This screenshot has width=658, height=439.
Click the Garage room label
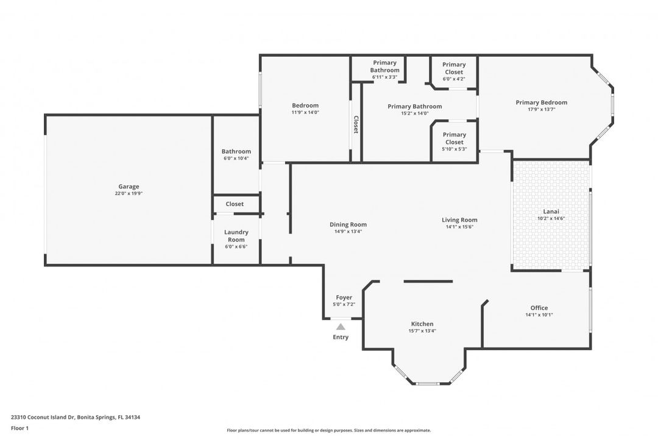coord(129,187)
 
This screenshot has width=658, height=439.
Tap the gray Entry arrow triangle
coord(341,327)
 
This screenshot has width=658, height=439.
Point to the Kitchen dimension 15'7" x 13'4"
coord(422,331)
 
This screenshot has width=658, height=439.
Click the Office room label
coord(539,308)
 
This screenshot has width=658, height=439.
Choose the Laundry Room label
coord(236,236)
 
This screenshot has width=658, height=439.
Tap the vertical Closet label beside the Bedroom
coord(356,124)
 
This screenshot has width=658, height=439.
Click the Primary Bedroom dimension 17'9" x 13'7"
coord(541,110)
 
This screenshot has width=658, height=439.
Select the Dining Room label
coord(348,224)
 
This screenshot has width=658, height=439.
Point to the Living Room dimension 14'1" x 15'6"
coord(459,227)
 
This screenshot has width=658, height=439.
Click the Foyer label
coord(344,298)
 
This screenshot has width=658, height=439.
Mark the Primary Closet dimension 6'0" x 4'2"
coord(454,79)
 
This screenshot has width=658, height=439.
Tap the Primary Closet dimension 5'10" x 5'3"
coord(454,149)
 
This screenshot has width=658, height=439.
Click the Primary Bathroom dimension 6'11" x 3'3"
coord(384,77)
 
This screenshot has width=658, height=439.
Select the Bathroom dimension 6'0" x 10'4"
coord(236,159)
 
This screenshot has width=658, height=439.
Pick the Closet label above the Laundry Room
coord(235,204)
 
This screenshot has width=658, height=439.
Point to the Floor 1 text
coord(19,428)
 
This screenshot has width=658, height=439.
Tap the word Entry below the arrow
coord(341,337)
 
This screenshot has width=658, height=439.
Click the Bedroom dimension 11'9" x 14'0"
coord(305,112)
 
